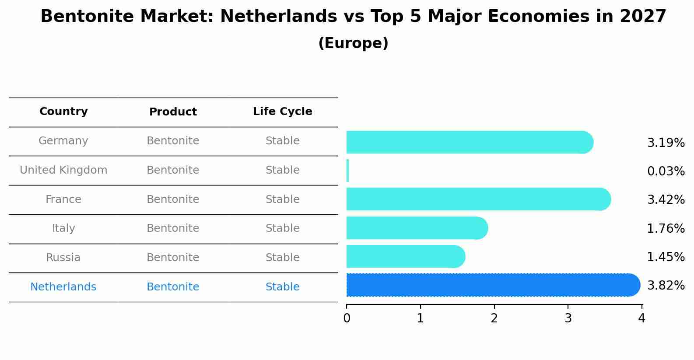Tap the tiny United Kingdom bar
tap(347, 171)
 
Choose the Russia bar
tap(405, 256)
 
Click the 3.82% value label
tap(666, 286)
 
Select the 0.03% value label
tap(666, 171)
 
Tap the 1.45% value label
tap(666, 257)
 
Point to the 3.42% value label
tap(666, 200)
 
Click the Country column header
tap(63, 112)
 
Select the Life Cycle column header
tap(282, 112)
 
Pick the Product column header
tap(173, 112)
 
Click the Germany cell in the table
tap(63, 141)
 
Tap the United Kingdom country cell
tap(63, 170)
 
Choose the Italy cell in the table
tap(63, 228)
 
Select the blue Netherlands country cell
tap(63, 287)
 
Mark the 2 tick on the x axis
tap(494, 318)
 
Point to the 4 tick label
tap(641, 318)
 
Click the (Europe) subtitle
tap(353, 43)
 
